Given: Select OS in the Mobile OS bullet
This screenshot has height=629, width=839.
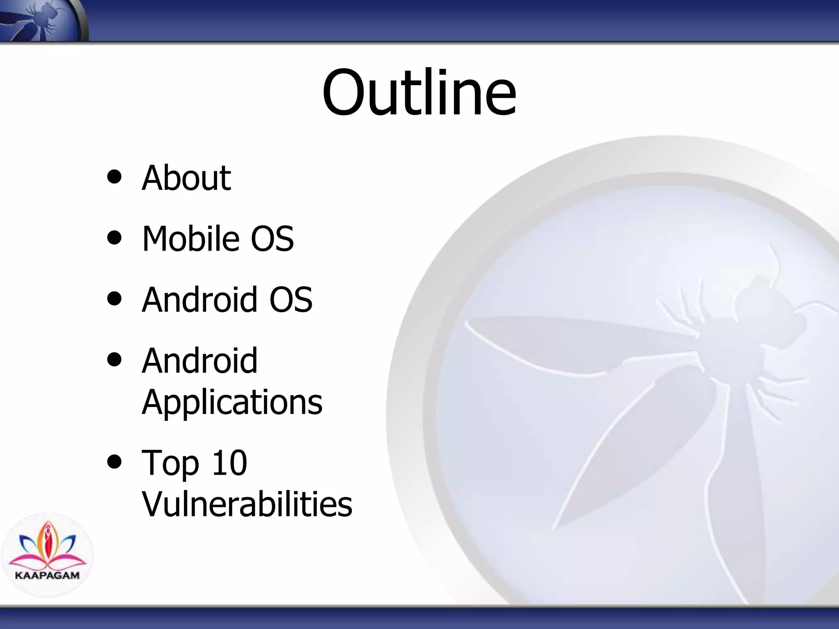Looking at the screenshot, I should tap(272, 239).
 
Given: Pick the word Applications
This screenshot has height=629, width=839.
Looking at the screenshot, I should tap(232, 403).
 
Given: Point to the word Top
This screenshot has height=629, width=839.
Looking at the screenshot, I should tap(170, 464).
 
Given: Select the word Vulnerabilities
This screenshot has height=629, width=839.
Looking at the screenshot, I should tap(247, 504).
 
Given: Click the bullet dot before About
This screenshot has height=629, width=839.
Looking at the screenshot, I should tap(114, 177).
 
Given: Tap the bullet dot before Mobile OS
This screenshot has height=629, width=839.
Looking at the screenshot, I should tap(114, 238).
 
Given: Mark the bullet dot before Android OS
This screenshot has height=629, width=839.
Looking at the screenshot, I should tap(114, 299).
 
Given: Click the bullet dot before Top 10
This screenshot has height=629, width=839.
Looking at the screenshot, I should tap(114, 462).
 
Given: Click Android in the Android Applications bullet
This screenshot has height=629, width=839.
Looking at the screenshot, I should tap(200, 361).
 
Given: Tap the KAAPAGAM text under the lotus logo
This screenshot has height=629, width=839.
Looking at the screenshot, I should tap(47, 575).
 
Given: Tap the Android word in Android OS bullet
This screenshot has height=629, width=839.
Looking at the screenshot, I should tap(200, 300).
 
